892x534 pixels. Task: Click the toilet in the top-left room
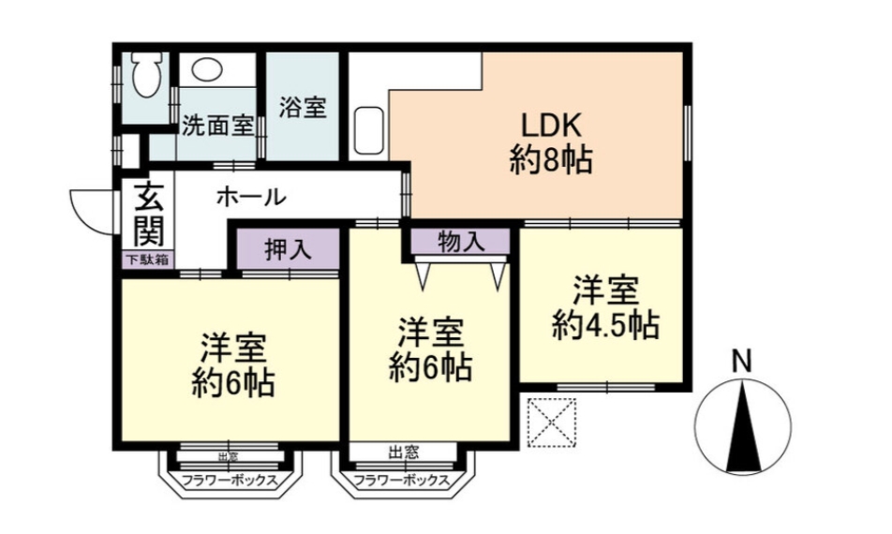[x=147, y=73]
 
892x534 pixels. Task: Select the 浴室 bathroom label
[x=302, y=107]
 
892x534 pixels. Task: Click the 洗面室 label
[x=216, y=125]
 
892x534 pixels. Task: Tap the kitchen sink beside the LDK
[x=367, y=132]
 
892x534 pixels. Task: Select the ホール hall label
[x=251, y=197]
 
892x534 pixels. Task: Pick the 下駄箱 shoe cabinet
[x=147, y=260]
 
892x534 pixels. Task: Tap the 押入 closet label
[x=286, y=250]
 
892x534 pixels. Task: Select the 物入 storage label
[x=461, y=242]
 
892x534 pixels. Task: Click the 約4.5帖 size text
[x=604, y=325]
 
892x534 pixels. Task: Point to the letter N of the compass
[x=742, y=359]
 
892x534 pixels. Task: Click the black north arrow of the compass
[x=743, y=426]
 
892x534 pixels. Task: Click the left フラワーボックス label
[x=229, y=482]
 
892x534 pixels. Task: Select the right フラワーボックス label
[x=401, y=482]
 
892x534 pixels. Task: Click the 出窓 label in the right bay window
[x=403, y=452]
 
